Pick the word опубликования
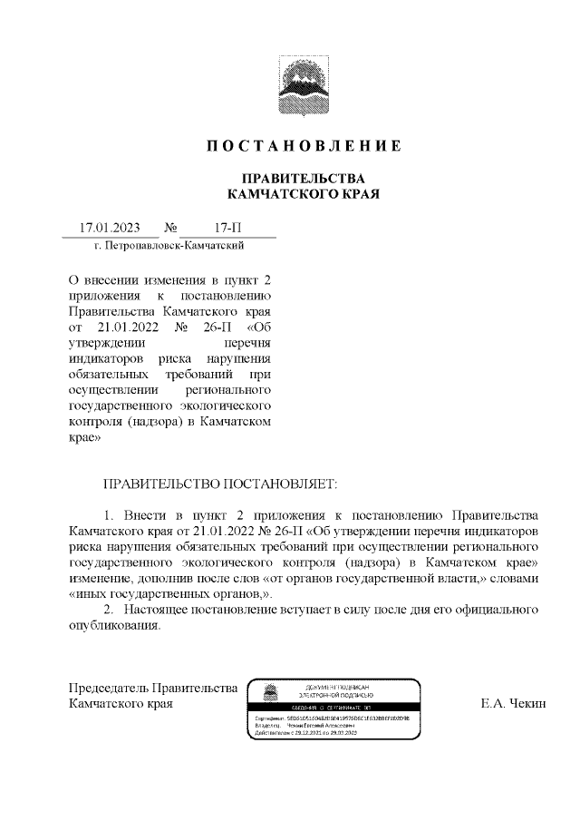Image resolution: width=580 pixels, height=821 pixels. click(x=114, y=626)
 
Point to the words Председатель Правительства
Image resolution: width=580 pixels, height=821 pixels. click(x=153, y=687)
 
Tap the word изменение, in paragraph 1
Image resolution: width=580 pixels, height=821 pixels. click(x=102, y=578)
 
